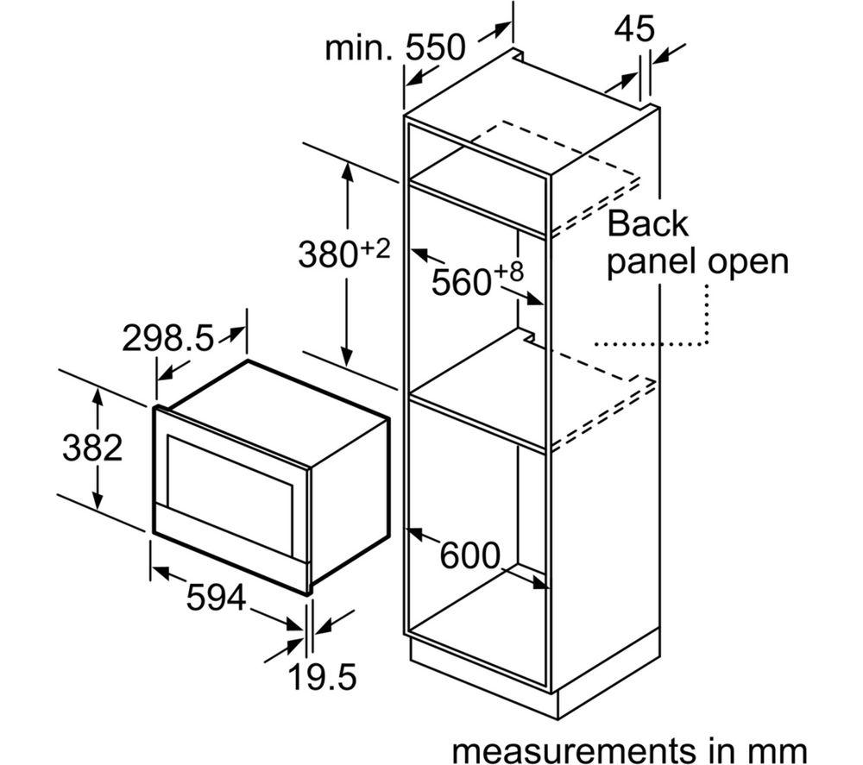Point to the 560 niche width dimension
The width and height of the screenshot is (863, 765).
[x=462, y=282]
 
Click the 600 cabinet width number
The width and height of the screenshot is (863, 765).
[x=470, y=555]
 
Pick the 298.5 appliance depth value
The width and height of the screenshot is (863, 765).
[x=167, y=339]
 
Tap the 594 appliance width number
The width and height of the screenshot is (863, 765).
[x=217, y=598]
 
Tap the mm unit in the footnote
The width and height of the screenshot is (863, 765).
[x=780, y=748]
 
